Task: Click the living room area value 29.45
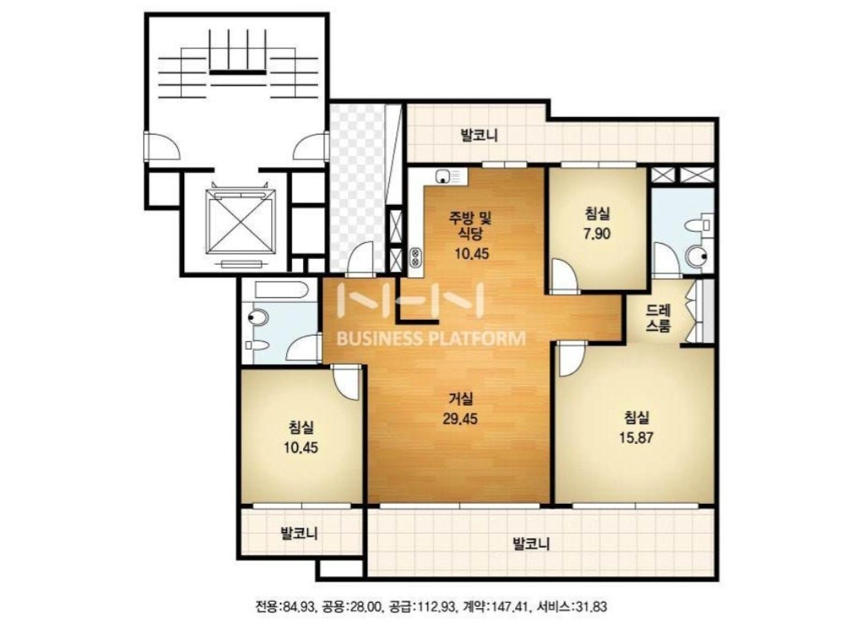(460, 419)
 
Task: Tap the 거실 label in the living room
(460, 399)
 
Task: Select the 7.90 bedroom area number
(597, 234)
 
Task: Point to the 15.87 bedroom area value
(636, 438)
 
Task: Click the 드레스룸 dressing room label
(658, 317)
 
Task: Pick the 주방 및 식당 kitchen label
(470, 226)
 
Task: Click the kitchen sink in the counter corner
(443, 177)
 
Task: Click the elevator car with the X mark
(240, 222)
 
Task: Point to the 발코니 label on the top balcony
(479, 135)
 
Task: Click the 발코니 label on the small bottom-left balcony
(299, 533)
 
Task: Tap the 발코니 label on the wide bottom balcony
(531, 544)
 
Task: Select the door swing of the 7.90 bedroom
(564, 273)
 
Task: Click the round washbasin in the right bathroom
(698, 256)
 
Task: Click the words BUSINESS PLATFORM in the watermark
(431, 339)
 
